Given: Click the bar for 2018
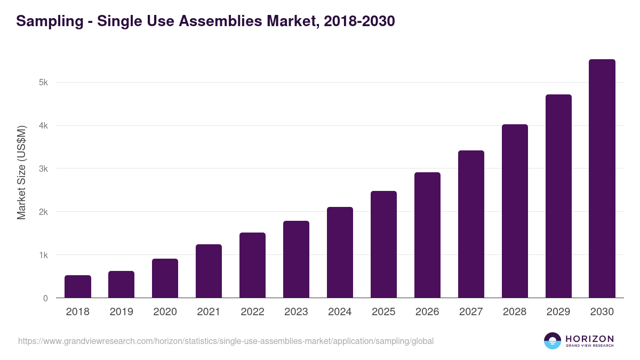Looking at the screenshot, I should (x=78, y=286).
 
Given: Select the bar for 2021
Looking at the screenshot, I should (x=209, y=271).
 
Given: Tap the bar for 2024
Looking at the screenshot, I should (x=340, y=252).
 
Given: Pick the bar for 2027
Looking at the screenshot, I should (x=471, y=224).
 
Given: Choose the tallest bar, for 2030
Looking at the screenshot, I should (x=602, y=179).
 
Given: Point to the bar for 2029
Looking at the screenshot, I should (x=558, y=196).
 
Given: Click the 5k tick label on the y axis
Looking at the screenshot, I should (x=43, y=83).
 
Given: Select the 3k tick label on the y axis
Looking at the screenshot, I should (x=43, y=169).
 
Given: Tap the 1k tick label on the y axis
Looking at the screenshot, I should (x=43, y=255).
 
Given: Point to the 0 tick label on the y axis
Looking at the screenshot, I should (x=45, y=298).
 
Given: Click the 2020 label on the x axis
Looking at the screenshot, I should (x=165, y=312).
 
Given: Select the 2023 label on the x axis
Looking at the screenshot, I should (x=296, y=312).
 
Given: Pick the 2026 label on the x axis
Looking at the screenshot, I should (x=427, y=312).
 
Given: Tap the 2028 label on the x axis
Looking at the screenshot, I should (x=515, y=312).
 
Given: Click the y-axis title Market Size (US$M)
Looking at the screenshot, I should (x=21, y=172).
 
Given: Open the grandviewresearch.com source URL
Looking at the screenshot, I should (x=226, y=341).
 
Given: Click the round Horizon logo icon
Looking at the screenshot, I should (x=553, y=341).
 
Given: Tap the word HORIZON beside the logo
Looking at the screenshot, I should (x=589, y=339).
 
